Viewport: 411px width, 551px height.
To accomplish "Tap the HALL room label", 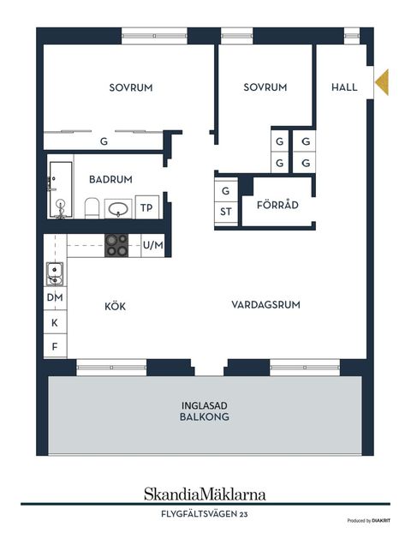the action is [x=344, y=87].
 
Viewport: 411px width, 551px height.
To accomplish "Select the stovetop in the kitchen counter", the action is [x=116, y=245].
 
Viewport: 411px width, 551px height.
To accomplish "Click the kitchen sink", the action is [x=55, y=273].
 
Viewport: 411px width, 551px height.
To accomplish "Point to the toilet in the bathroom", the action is [x=92, y=208].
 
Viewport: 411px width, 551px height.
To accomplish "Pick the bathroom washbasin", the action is [x=118, y=209].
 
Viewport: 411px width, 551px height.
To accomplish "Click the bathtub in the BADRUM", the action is [x=61, y=189].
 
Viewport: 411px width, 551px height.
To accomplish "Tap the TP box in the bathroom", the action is [x=147, y=207].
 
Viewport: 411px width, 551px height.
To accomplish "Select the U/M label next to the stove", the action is [x=153, y=245].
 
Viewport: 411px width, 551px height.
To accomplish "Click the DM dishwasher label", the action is [x=55, y=297].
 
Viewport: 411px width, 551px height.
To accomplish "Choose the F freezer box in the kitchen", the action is [x=55, y=346].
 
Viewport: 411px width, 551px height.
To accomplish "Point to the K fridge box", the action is [x=55, y=322].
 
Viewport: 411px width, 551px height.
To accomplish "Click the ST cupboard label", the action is [x=226, y=212].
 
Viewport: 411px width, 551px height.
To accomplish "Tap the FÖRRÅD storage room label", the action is [x=277, y=204].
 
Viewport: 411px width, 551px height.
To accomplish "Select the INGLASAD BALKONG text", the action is [x=205, y=411].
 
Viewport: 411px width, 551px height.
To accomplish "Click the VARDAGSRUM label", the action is [x=265, y=305].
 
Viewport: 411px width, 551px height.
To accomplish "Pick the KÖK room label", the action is [x=115, y=306].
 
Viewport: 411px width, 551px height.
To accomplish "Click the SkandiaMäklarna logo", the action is [x=205, y=494].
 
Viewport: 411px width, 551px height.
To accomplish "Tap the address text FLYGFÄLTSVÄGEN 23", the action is [x=205, y=514].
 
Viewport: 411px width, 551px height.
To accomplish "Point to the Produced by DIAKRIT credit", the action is [x=368, y=520].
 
